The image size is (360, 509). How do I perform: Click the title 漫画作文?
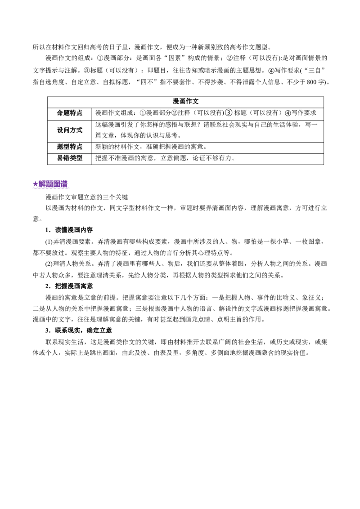point(185,101)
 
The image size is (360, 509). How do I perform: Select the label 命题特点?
point(70,113)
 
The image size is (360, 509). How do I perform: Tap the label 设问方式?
point(70,130)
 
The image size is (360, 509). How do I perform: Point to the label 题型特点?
point(70,147)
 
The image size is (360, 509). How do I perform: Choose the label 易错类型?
point(70,158)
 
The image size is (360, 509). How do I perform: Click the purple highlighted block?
point(51,185)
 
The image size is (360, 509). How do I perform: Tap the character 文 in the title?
point(195,101)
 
